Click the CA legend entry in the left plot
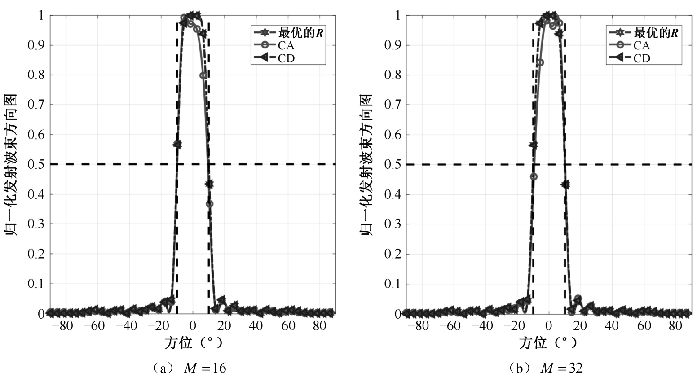tap(286, 45)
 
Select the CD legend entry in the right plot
tap(642, 58)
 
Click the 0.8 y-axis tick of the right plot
tap(393, 75)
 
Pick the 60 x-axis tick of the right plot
tap(644, 326)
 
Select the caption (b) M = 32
tap(545, 369)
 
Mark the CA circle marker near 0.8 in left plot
tap(203, 75)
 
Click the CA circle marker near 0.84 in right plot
tap(540, 62)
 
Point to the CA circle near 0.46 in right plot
tap(534, 176)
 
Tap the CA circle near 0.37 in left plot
tap(209, 204)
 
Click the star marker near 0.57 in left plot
tap(177, 144)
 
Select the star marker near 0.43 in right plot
tap(565, 184)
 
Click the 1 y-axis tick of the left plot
tap(41, 16)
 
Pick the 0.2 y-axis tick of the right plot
tap(393, 254)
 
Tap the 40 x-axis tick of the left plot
tap(256, 326)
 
